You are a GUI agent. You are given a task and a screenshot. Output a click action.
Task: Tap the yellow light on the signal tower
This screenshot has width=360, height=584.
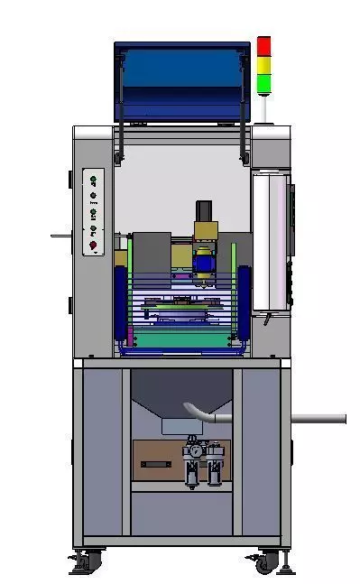263,65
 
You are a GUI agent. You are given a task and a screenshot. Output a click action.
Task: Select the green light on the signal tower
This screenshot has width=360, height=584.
263,83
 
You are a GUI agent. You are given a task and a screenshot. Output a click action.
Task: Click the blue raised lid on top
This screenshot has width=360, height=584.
180,81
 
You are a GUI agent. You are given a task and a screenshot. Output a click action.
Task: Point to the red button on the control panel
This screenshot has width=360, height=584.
92,245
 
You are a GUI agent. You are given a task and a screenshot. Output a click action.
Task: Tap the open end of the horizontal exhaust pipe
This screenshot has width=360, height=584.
343,418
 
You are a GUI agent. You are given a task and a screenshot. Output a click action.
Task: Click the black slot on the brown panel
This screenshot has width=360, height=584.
157,464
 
